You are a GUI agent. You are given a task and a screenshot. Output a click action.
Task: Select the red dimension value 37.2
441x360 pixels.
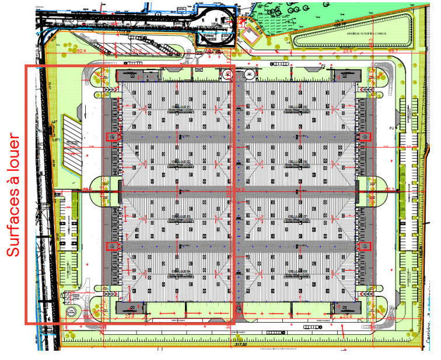[138, 51]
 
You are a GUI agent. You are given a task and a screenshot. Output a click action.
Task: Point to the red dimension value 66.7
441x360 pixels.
[393, 51]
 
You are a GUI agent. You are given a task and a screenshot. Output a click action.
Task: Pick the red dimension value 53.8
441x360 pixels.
[247, 51]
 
